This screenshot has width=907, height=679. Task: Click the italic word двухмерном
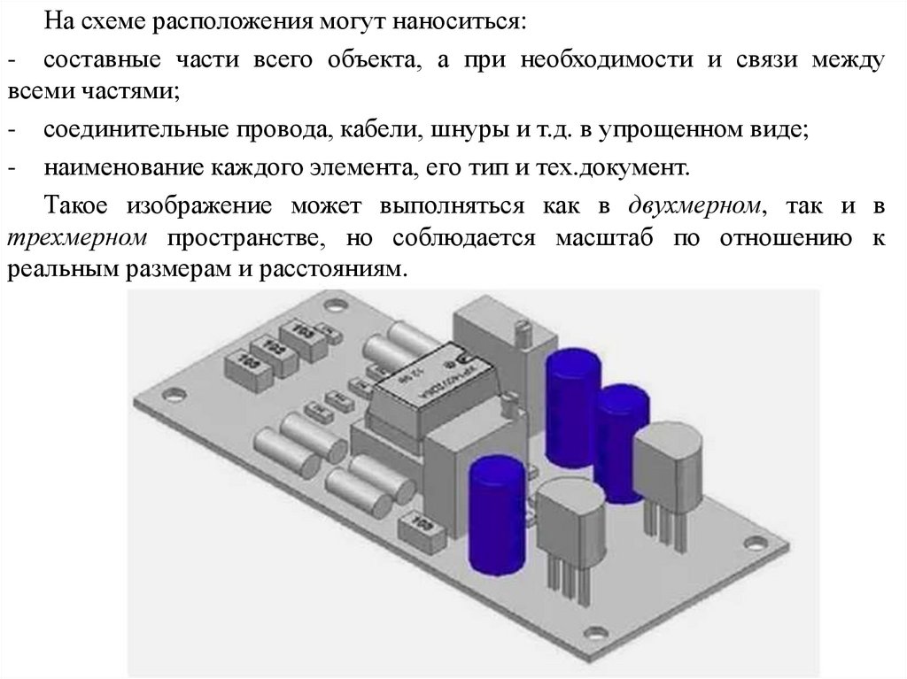click(x=695, y=206)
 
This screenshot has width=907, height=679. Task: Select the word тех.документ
click(x=610, y=166)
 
